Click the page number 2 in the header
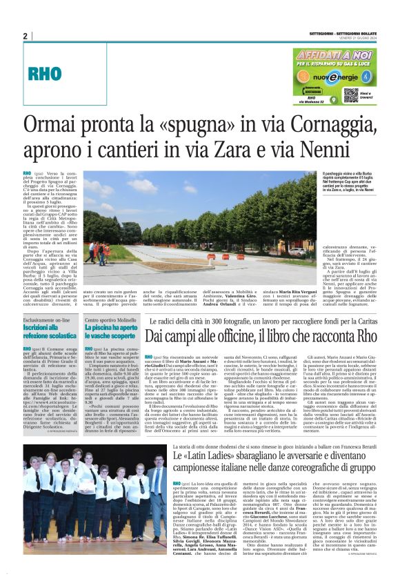point(25,36)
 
